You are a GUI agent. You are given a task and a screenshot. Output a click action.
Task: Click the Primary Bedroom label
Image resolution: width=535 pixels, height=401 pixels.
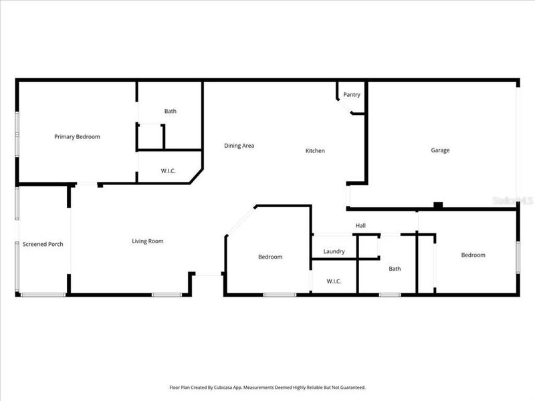[77, 137]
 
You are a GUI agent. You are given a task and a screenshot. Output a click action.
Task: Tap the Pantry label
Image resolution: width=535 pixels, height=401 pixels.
[352, 95]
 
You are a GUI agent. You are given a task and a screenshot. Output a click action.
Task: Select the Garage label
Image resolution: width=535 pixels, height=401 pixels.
[440, 150]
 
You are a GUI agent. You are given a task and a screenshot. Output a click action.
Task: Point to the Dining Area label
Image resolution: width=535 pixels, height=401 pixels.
[239, 146]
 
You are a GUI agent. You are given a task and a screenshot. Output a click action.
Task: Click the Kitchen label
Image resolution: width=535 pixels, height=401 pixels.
[315, 151]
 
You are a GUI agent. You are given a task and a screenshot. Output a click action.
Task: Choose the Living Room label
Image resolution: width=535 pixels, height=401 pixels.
[147, 241]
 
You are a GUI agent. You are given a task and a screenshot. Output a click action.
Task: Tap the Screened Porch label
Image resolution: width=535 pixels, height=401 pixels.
[43, 245]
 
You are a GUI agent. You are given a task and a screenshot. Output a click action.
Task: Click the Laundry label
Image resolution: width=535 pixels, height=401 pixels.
[334, 252]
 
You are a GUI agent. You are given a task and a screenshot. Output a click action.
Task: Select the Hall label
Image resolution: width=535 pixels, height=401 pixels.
[360, 226]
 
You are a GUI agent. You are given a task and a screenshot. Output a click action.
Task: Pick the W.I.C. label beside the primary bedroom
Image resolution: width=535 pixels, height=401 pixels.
[169, 171]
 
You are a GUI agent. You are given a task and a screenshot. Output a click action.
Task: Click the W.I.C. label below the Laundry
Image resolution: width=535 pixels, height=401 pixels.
[334, 281]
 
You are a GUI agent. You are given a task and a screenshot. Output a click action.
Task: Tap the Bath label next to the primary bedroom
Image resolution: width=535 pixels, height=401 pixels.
[171, 112]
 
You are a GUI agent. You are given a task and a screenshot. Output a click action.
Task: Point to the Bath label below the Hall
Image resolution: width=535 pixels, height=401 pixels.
[395, 269]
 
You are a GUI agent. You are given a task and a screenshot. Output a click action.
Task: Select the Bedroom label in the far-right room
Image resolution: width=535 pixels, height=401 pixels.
[473, 255]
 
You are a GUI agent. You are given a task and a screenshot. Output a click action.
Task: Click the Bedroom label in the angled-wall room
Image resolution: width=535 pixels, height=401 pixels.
[270, 257]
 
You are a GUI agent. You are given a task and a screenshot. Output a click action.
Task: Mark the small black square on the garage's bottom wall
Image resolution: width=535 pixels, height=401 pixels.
[437, 205]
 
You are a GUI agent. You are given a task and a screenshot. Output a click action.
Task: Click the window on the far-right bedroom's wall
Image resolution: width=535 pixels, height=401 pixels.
[517, 257]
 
